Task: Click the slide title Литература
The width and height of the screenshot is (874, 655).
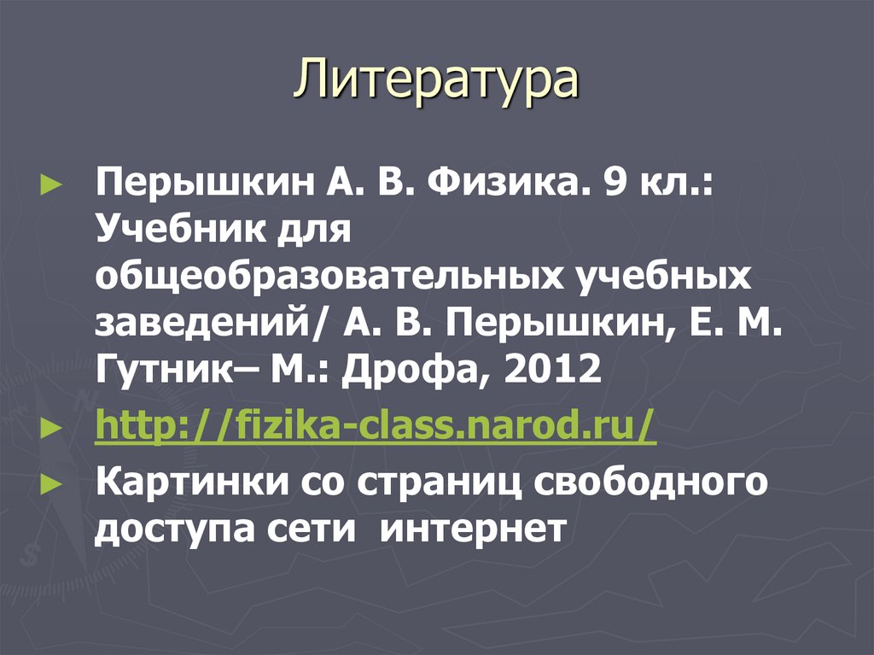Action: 436,83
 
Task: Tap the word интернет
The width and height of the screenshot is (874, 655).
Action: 472,529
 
